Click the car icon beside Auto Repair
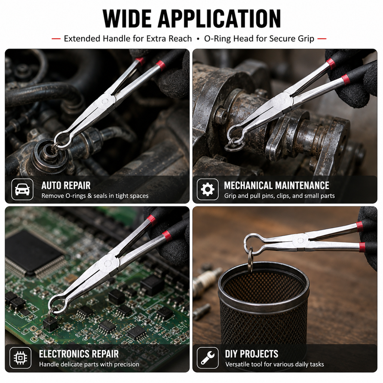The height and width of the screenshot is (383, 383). coord(22,189)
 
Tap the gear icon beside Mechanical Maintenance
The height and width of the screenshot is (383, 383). coord(207,189)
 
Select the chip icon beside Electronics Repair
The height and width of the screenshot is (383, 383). coord(21,358)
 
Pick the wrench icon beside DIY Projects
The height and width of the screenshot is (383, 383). coord(207,358)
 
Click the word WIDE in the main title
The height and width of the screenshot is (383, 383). coord(127,19)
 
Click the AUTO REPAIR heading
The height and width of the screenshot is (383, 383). coord(66,186)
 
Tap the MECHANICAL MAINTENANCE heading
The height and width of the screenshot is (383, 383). coord(276,186)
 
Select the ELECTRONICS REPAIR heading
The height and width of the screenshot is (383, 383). coord(79,354)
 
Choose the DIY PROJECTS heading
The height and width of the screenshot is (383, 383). coord(252,354)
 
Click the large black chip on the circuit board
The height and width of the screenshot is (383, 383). coord(33,252)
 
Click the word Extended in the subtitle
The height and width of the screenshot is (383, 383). coord(82,39)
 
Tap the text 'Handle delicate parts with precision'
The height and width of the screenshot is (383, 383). coord(89,364)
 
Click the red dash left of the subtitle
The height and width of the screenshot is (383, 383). coord(56,39)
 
